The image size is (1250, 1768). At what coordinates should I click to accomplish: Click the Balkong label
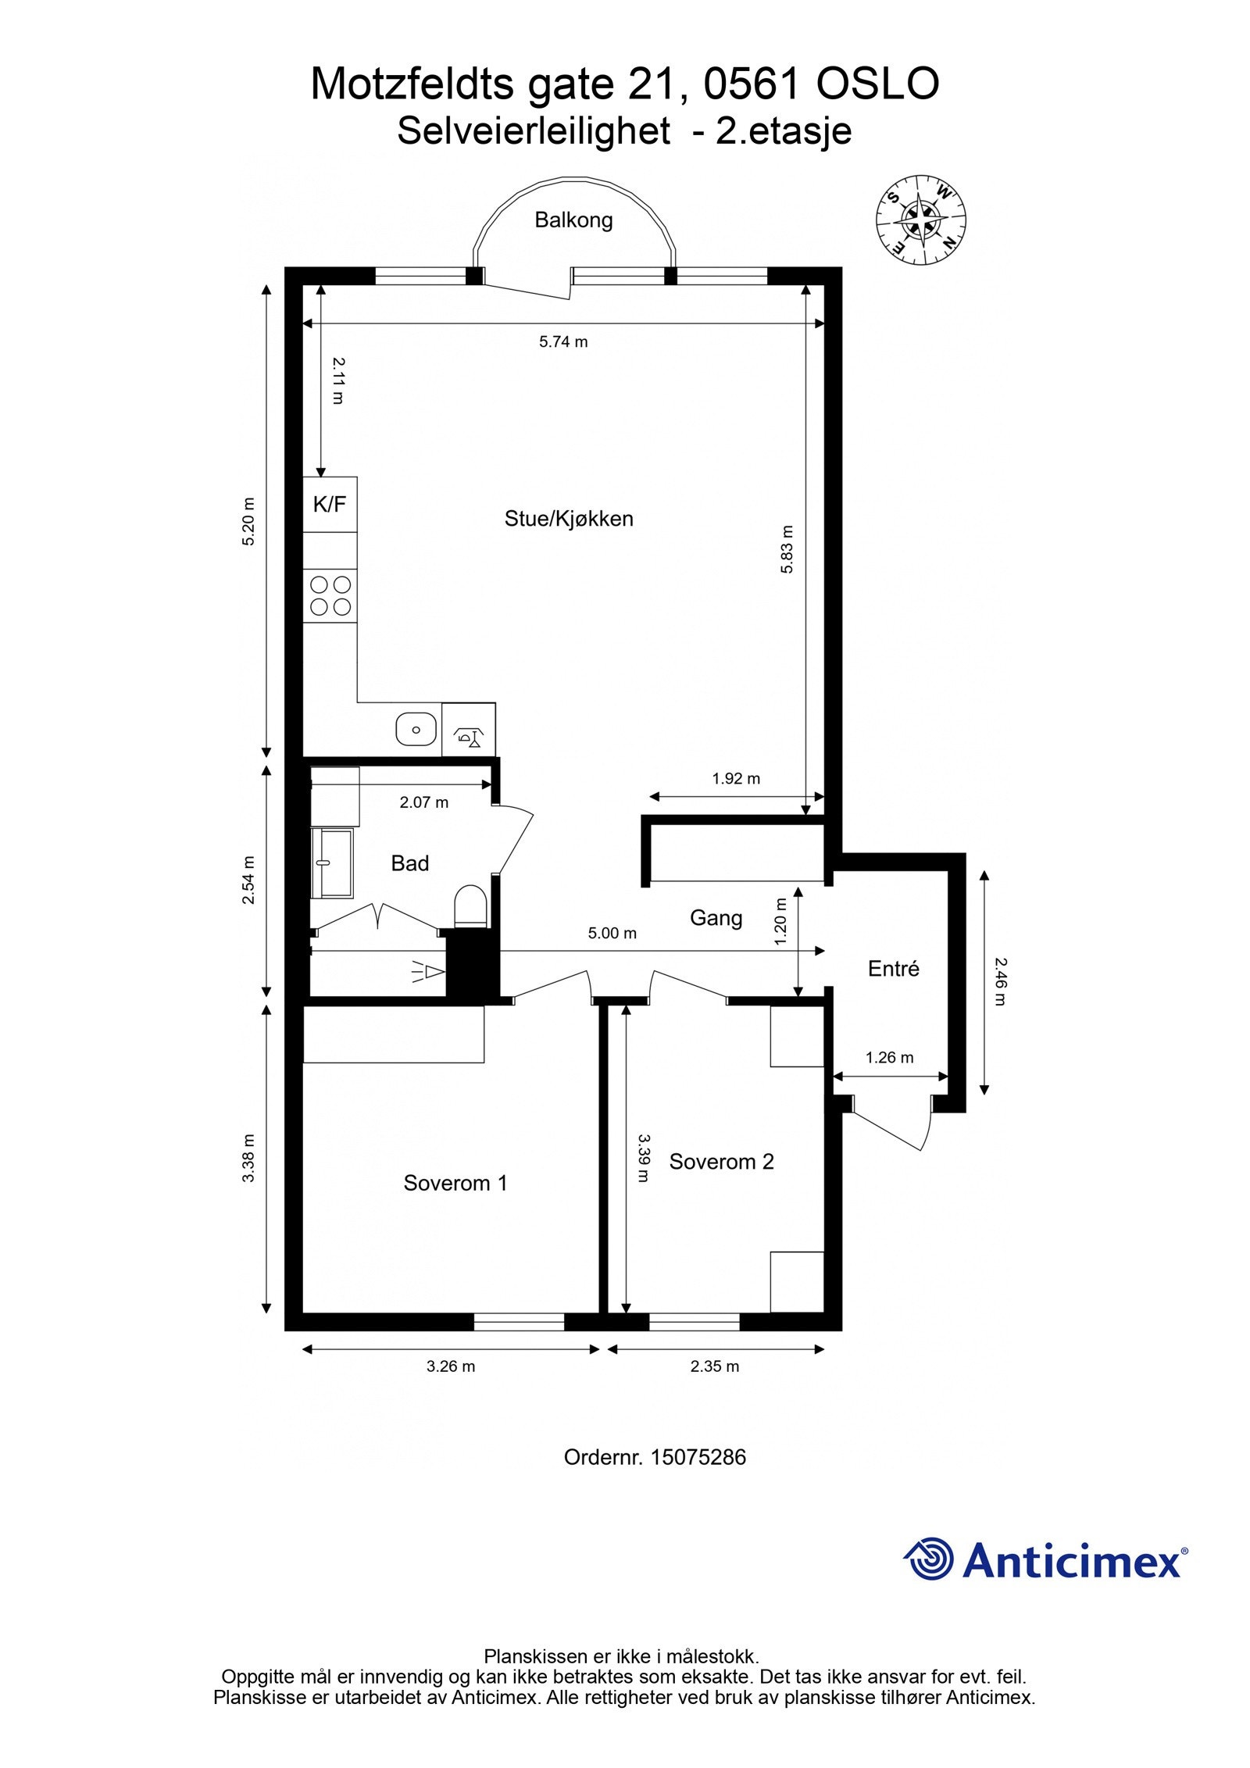[x=573, y=220]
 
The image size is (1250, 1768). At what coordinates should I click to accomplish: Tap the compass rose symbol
[x=921, y=220]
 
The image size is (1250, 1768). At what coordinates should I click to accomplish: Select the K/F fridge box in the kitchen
[x=330, y=505]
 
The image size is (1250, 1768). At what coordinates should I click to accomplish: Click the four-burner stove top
[x=330, y=596]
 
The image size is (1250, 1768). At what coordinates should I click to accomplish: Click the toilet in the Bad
[x=470, y=906]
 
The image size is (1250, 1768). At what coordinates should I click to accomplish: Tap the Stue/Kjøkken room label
[x=569, y=519]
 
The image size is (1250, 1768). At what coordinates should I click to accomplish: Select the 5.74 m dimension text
[x=563, y=341]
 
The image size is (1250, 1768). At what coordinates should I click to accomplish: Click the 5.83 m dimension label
[x=787, y=549]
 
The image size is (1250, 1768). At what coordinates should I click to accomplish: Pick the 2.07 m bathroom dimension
[x=424, y=802]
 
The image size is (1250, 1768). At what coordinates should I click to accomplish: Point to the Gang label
[x=716, y=918]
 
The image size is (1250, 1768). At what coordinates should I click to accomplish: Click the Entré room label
[x=894, y=969]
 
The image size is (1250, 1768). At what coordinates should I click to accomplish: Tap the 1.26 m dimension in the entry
[x=889, y=1058]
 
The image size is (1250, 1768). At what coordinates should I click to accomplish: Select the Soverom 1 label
[x=455, y=1183]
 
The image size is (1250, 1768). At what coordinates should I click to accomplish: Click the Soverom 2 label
[x=721, y=1162]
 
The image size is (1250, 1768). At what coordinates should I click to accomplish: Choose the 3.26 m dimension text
[x=451, y=1366]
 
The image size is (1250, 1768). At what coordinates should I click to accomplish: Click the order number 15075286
[x=698, y=1457]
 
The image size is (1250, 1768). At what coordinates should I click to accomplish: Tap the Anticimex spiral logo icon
[x=930, y=1559]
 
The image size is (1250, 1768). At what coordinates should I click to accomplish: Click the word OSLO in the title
[x=877, y=84]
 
